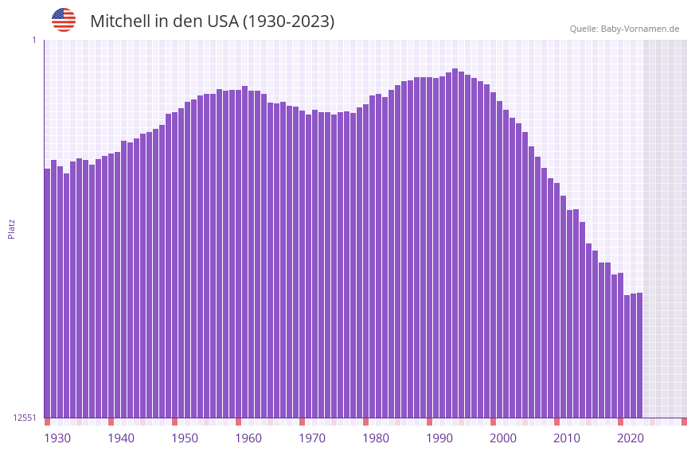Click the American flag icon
64,20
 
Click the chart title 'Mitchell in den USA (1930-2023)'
212,21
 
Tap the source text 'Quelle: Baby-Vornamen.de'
624,29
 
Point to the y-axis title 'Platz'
11,228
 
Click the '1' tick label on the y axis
33,40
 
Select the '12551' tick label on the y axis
24,418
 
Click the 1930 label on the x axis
57,438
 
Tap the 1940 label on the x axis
121,438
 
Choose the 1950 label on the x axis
185,438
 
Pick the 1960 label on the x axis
248,438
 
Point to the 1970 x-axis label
312,438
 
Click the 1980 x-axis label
376,438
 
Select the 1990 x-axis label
439,438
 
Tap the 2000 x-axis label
503,438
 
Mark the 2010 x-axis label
567,438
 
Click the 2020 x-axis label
631,438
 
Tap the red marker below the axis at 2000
494,422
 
